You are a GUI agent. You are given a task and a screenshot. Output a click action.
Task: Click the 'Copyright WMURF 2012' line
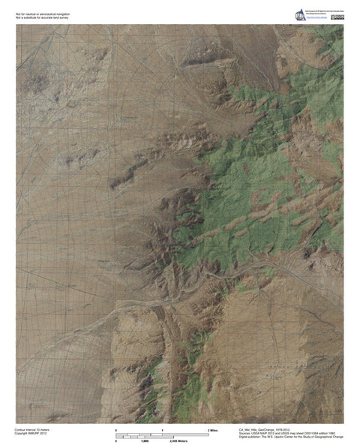tap(31, 434)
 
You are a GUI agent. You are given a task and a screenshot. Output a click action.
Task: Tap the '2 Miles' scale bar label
tap(212, 430)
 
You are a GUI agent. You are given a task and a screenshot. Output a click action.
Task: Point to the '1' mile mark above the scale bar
tap(163, 430)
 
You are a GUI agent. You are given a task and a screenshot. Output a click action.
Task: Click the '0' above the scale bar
tap(116, 430)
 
